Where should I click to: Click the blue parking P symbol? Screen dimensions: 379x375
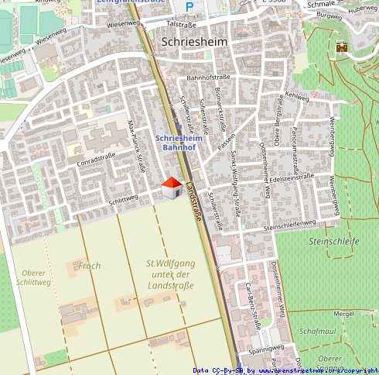pos(189,7)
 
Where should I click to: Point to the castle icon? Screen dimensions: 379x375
pos(340,48)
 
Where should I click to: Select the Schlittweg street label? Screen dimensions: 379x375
pos(124,198)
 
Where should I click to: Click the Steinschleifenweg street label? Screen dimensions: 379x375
pos(290,225)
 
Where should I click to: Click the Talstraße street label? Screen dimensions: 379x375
pos(182,25)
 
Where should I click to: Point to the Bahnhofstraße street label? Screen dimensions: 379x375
pos(210,78)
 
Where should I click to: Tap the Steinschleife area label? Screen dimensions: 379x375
pos(333,242)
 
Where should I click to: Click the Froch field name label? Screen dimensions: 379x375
pos(89,266)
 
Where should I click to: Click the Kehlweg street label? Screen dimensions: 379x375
pos(296,95)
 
